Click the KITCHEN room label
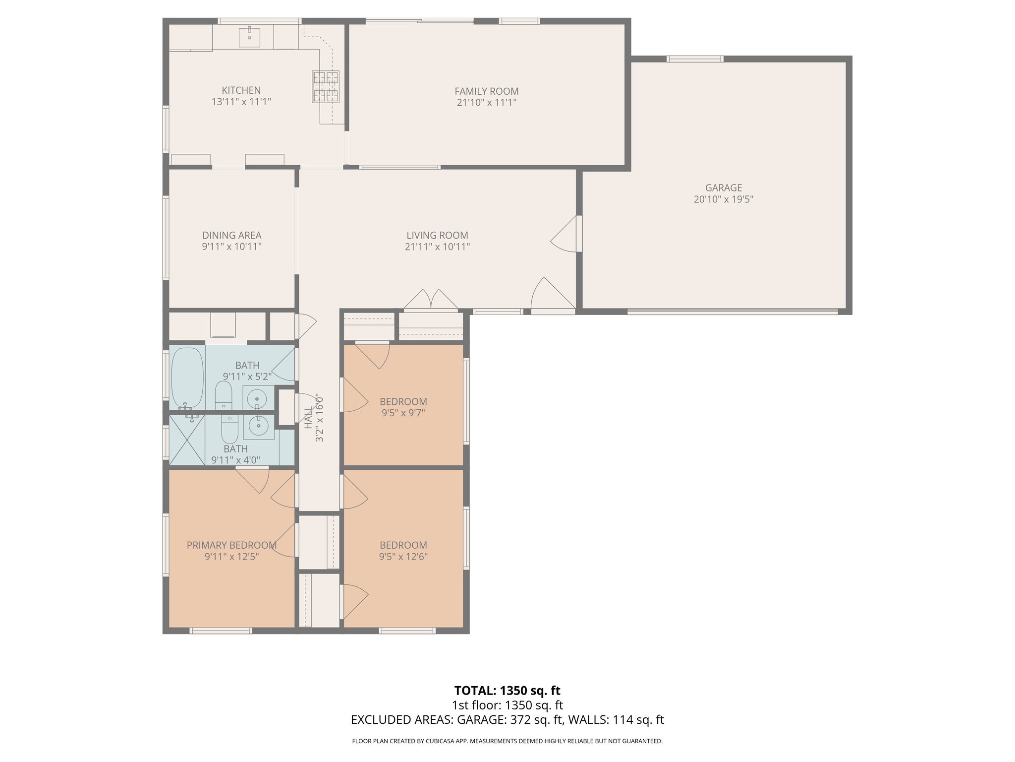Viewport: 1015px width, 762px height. [241, 90]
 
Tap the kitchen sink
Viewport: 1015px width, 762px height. [250, 37]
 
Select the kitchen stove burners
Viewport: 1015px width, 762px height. [326, 87]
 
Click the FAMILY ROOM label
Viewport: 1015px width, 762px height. [487, 91]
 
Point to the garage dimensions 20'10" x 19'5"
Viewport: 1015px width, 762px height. [724, 199]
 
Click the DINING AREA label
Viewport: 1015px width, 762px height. [232, 235]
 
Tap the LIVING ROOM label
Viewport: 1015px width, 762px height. [437, 235]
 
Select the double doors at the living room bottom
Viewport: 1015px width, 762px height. [431, 300]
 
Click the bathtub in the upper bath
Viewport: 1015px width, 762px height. [187, 377]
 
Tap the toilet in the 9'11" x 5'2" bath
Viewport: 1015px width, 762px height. [224, 395]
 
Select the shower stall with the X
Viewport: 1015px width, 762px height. [187, 440]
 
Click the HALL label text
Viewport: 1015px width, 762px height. [308, 418]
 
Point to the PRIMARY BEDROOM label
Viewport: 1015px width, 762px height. [231, 545]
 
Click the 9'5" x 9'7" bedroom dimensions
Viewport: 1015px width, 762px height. [403, 413]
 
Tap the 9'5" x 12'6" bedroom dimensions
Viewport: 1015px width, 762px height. [403, 557]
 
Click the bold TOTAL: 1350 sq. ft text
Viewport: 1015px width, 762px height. [507, 691]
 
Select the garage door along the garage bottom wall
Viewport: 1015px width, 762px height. [733, 312]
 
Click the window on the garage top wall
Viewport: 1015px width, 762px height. [695, 59]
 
